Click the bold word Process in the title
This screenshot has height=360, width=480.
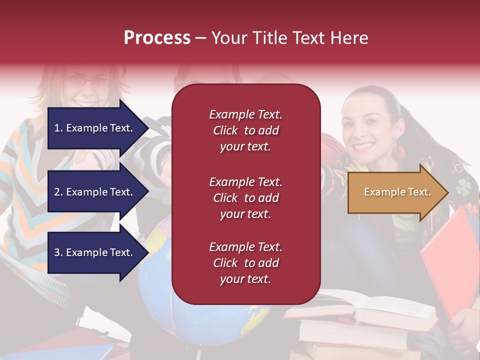coord(157,38)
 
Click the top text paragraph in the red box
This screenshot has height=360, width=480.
coord(245,130)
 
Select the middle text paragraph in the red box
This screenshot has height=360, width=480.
coord(245,198)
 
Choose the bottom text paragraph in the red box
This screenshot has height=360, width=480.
coord(245,263)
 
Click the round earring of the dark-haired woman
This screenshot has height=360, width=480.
coord(398,152)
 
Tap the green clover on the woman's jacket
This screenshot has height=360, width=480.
coord(462,186)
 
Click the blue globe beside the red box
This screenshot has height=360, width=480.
coord(155,280)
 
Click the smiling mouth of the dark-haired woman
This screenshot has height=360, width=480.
coord(364,146)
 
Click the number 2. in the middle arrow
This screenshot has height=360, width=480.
coord(58,192)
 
